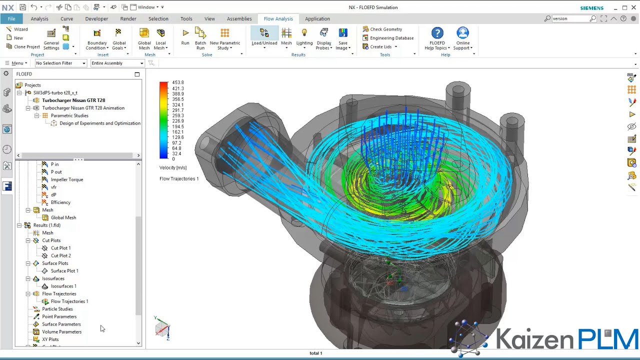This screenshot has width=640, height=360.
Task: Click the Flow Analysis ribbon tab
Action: (x=278, y=18)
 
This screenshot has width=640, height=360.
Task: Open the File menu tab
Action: (x=11, y=18)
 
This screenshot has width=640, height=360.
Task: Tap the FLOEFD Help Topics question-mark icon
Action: (x=437, y=33)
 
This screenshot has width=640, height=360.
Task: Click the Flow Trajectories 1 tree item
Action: (x=69, y=301)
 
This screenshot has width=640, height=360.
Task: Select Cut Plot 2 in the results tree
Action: (x=60, y=255)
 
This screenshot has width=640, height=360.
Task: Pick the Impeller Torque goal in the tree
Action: (x=66, y=179)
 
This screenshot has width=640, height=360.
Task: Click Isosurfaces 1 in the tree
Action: (x=63, y=286)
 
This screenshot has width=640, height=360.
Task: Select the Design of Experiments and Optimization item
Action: (x=99, y=123)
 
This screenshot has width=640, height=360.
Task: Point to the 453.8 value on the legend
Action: (x=177, y=82)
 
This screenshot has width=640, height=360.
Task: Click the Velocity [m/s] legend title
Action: (x=172, y=167)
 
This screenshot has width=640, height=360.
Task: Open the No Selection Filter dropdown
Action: (x=60, y=63)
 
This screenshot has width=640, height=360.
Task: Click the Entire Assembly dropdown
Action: (x=117, y=63)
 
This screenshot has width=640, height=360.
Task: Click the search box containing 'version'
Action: (x=570, y=18)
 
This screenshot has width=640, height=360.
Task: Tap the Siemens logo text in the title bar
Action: (x=591, y=8)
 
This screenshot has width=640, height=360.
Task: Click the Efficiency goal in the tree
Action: (x=60, y=202)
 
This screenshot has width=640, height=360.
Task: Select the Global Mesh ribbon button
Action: (x=144, y=37)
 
